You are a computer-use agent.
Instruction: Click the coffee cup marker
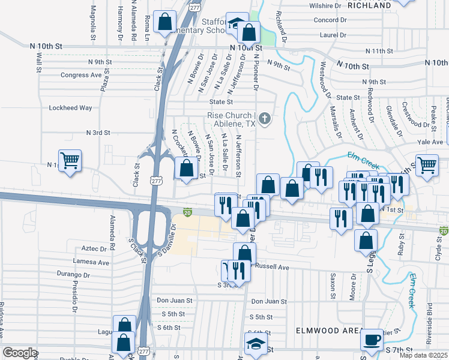pos(372,340)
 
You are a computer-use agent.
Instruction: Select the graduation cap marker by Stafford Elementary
pos(236,25)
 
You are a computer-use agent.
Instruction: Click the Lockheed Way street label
pos(70,108)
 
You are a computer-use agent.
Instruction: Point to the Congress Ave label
pos(81,76)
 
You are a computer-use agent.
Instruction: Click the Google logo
pos(20,353)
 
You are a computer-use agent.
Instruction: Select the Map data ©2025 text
pos(424,355)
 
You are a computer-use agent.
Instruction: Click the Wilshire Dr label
pos(325,5)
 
